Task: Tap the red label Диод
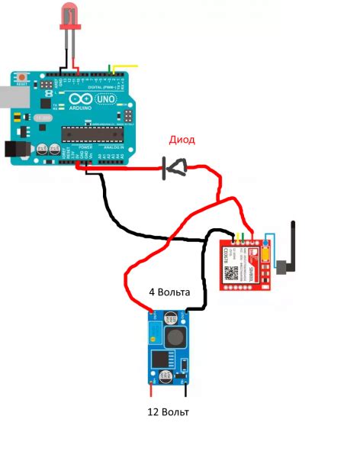coord(182,140)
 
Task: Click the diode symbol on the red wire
coord(175,167)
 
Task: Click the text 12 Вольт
coord(168,412)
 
